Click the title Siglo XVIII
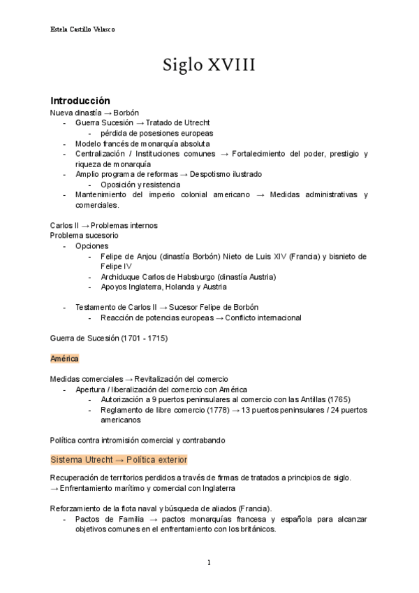[209, 66]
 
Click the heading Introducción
[80, 101]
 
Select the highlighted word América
[64, 358]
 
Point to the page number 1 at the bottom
[209, 562]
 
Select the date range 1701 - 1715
[143, 338]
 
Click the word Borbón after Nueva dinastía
[126, 112]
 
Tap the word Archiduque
[122, 277]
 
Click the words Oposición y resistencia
[140, 185]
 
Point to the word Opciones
[91, 246]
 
